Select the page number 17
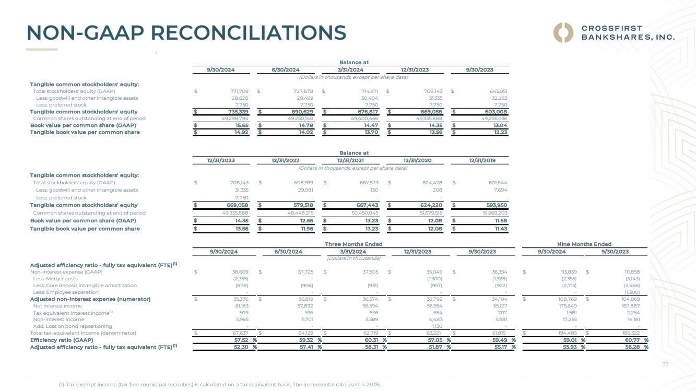665,365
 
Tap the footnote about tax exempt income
220,384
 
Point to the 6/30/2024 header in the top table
286,70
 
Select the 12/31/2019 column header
482,160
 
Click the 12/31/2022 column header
286,160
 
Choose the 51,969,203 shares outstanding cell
493,213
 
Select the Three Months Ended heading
353,244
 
